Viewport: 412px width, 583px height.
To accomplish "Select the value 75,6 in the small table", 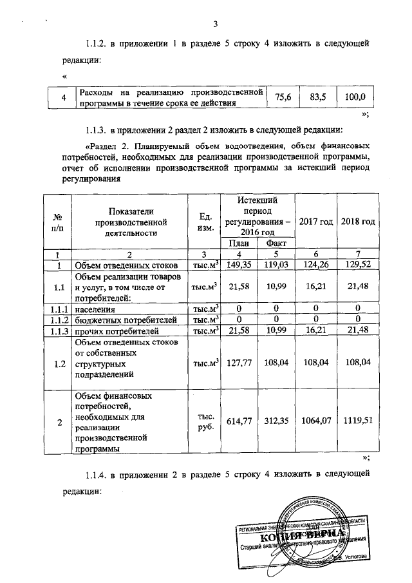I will (283, 97).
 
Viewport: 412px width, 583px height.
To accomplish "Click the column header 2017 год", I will (317, 222).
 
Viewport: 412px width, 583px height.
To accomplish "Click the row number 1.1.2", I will (59, 321).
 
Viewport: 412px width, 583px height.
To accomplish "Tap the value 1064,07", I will (317, 422).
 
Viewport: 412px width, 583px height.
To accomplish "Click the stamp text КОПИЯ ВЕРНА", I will (296, 536).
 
